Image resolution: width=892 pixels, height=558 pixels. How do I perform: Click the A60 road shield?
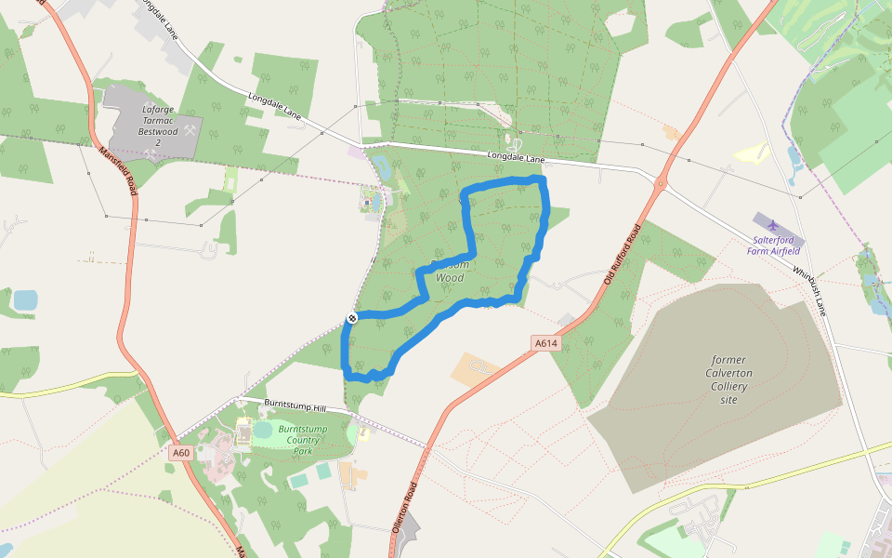[181, 453]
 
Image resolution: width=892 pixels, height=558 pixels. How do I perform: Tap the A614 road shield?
[546, 344]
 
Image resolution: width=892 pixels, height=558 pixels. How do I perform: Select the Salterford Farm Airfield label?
[778, 245]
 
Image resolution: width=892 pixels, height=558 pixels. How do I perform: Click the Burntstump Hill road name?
[295, 407]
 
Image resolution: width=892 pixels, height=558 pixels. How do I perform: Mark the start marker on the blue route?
[352, 318]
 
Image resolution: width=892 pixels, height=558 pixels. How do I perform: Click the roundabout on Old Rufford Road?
[661, 184]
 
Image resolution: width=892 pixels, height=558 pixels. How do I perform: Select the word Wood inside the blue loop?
[450, 277]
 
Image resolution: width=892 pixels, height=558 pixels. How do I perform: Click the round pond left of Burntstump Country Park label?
[263, 430]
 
